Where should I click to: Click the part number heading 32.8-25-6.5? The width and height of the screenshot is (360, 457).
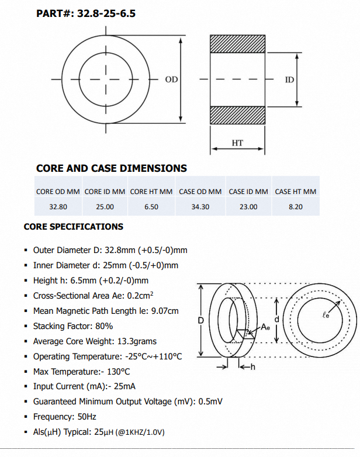86,12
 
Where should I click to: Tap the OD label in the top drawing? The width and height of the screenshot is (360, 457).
171,79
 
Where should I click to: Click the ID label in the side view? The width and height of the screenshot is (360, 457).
289,79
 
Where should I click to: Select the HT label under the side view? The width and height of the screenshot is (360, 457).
237,143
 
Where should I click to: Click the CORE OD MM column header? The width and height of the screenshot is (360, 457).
58,192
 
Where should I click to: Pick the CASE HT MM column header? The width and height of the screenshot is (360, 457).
295,192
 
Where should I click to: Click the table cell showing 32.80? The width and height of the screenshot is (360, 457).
58,207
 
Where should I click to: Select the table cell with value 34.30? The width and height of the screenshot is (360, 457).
200,207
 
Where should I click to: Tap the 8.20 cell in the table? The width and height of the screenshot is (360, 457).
295,207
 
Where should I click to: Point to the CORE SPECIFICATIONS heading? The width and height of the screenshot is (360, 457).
74,227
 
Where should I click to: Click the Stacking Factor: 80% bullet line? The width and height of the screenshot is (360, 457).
73,326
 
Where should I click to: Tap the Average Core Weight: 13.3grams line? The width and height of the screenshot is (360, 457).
95,341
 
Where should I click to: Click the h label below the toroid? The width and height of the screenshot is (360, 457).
252,368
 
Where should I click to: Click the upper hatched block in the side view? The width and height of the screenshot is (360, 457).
237,44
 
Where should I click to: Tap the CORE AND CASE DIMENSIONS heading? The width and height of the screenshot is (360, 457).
112,168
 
